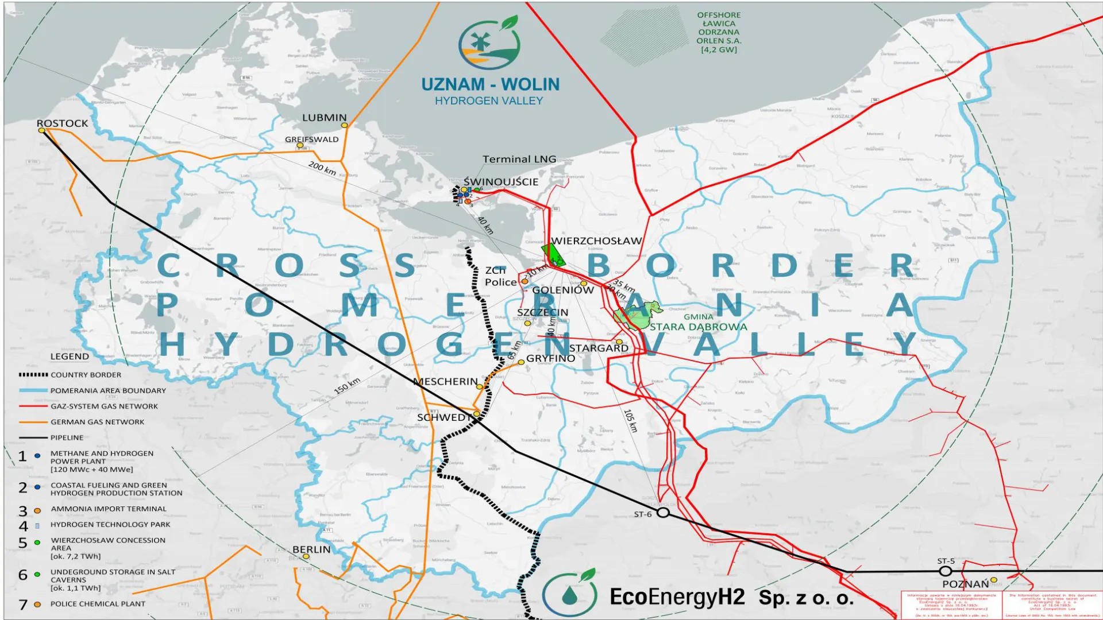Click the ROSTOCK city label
coord(62,123)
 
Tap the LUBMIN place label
coord(325,118)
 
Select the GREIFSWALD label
coord(312,139)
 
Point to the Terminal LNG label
coord(519,159)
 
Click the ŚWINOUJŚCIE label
coord(501,182)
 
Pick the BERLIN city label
coord(311,549)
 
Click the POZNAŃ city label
coord(965,584)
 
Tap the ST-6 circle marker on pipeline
coord(663,513)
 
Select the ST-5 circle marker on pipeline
coord(946,571)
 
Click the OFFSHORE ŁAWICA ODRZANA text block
coord(719,32)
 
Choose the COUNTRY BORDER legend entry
coord(86,375)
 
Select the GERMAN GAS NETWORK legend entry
coord(97,422)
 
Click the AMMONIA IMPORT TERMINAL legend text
coord(109,509)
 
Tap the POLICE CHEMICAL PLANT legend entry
coord(98,604)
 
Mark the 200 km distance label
coord(322,168)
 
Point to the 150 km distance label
coord(347,386)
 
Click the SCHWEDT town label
coord(443,417)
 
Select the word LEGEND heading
coord(70,356)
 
